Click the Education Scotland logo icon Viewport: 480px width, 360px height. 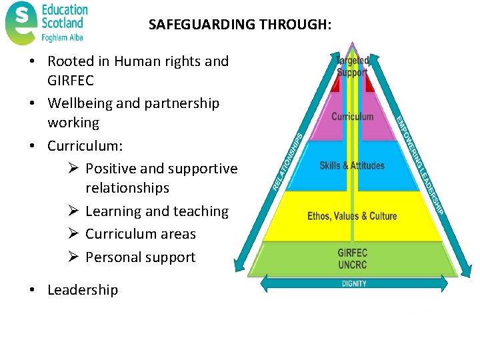(x=21, y=23)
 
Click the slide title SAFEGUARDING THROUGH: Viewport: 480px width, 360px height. (x=239, y=25)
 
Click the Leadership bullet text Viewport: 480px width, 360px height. (x=83, y=290)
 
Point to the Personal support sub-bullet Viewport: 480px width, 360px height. (x=141, y=257)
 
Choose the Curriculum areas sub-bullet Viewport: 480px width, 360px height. (x=141, y=234)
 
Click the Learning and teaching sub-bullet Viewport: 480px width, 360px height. (x=157, y=211)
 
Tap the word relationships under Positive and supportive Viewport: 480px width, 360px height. (x=127, y=188)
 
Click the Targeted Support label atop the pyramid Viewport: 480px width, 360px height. (x=352, y=67)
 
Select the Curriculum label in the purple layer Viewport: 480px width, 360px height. (x=353, y=117)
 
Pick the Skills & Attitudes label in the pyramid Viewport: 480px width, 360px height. (x=352, y=165)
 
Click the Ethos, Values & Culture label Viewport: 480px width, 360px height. (x=352, y=216)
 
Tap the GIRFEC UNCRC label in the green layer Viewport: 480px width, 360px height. (x=352, y=259)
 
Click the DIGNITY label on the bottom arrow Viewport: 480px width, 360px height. (x=354, y=283)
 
